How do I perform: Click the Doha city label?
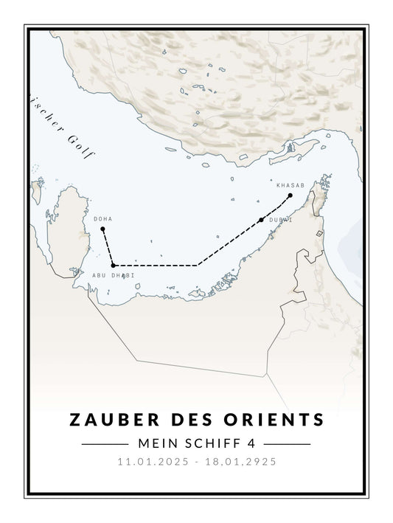click(102, 219)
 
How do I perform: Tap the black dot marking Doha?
click(102, 229)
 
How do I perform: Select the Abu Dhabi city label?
click(114, 275)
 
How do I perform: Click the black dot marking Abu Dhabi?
click(113, 265)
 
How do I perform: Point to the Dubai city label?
click(281, 220)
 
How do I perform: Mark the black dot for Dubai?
click(262, 220)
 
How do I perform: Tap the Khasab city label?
click(290, 185)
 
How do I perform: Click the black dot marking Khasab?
click(291, 195)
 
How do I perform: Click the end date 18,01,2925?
click(240, 463)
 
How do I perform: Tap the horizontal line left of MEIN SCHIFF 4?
click(105, 444)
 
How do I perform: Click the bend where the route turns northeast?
click(197, 265)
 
